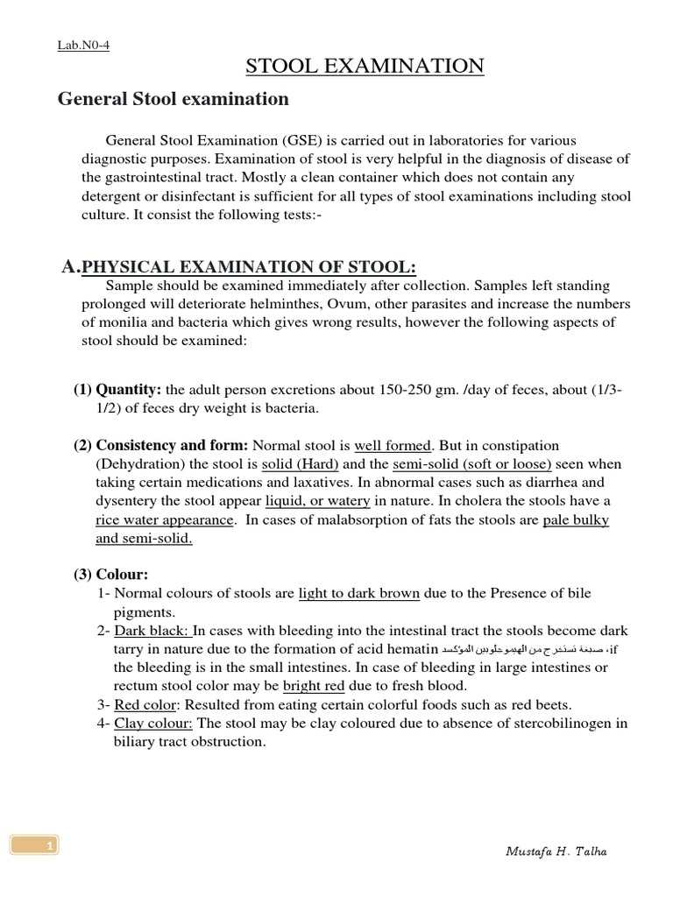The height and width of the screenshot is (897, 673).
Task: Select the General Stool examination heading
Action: coord(174,99)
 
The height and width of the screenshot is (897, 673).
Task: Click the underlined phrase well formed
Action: coord(393,446)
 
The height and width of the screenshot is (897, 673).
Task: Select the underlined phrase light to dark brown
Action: coord(359,594)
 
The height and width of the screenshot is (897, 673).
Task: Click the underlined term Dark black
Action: coord(152,631)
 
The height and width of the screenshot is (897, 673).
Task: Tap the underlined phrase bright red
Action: coord(313,686)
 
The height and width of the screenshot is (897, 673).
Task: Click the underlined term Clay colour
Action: coord(154,724)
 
